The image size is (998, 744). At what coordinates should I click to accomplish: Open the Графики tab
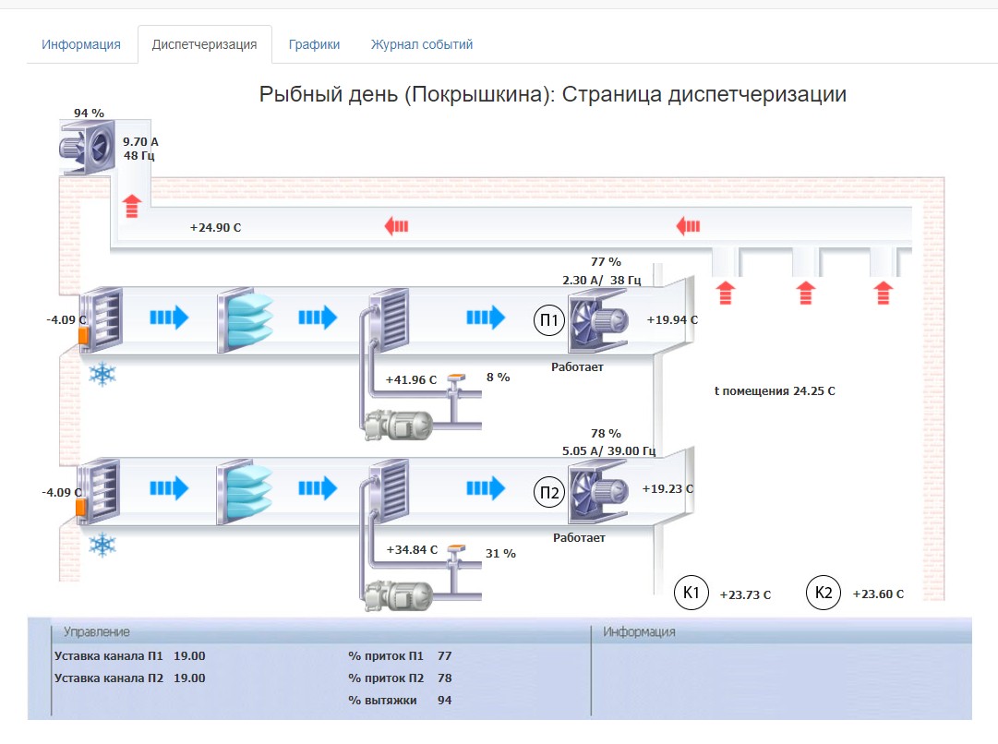click(314, 44)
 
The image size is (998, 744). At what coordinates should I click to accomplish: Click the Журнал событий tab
click(421, 44)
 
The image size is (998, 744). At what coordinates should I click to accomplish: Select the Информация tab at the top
click(81, 44)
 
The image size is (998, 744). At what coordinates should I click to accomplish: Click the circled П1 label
click(548, 320)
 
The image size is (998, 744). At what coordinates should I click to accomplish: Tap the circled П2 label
click(548, 492)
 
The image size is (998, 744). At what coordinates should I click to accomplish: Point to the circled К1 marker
click(691, 593)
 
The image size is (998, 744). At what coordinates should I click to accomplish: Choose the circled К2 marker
click(823, 593)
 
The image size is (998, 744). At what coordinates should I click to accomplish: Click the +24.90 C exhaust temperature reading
click(215, 228)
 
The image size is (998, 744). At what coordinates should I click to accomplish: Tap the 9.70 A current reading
click(140, 142)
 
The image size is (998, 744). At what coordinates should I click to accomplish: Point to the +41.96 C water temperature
click(411, 380)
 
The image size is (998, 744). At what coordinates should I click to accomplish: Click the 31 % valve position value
click(500, 554)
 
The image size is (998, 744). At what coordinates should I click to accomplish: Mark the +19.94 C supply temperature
click(672, 319)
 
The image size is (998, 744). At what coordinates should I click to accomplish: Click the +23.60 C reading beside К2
click(878, 594)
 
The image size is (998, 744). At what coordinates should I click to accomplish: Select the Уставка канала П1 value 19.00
click(189, 656)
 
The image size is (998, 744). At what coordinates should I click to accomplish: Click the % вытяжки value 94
click(444, 700)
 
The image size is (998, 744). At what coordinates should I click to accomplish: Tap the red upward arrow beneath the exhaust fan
click(132, 206)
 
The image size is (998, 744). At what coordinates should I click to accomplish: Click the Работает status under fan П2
click(579, 538)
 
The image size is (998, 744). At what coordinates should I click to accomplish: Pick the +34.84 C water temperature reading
click(412, 550)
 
